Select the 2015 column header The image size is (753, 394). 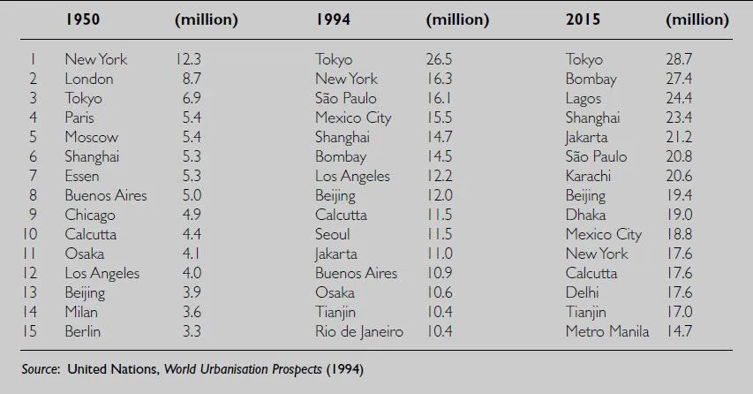pos(583,19)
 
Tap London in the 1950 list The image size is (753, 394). pos(88,79)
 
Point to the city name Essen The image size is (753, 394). pos(83,176)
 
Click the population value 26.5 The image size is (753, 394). pos(440,59)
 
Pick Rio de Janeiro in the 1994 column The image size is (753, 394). pos(358,331)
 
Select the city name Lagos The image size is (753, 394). pos(584,98)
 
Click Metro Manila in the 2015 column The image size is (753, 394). pos(606,331)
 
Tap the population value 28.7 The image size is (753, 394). pos(680,59)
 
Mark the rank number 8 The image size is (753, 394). pos(33,195)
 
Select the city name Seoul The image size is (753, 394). pos(332,234)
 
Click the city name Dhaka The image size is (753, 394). pos(585,215)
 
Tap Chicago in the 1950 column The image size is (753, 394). pos(89,215)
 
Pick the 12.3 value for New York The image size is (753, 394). pos(189,59)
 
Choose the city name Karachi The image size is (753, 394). pos(590,176)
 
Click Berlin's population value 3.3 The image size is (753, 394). pos(191,331)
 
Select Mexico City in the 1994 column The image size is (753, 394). pos(353,117)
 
